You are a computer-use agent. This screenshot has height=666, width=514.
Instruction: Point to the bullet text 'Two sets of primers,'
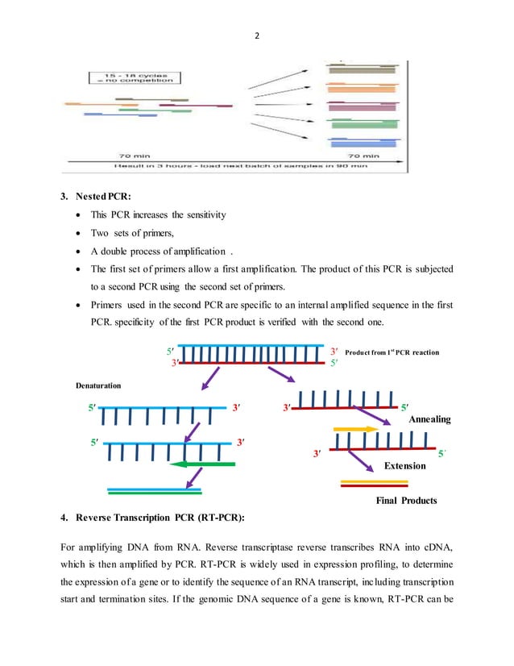(x=138, y=233)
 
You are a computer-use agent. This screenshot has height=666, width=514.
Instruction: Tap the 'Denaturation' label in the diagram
(x=97, y=385)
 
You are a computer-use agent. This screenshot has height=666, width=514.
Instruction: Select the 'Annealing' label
(x=429, y=419)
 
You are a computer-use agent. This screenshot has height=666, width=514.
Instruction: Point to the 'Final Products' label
(x=406, y=501)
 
